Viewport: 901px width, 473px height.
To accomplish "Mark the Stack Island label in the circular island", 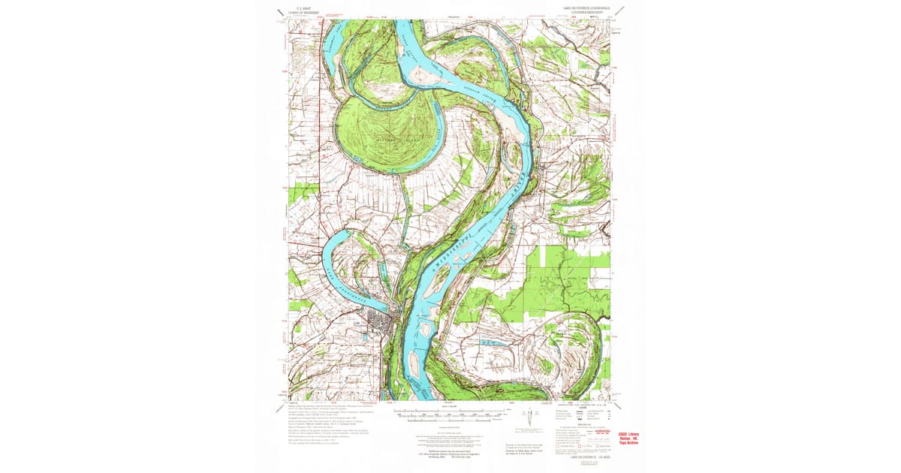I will (379, 143).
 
